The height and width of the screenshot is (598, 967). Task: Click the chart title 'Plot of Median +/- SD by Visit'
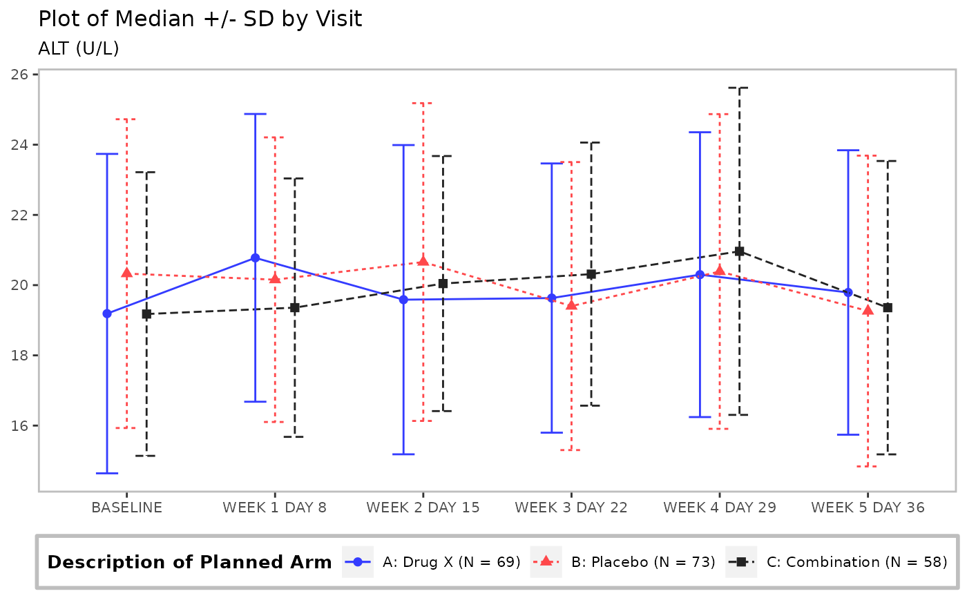tap(200, 19)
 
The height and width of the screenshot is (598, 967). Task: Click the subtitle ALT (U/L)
tap(79, 48)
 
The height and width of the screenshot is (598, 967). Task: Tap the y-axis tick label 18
tap(19, 356)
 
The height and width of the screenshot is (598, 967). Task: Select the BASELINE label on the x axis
tap(127, 508)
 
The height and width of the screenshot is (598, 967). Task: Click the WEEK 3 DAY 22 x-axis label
tap(571, 508)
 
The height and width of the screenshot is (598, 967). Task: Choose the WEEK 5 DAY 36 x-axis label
tap(868, 508)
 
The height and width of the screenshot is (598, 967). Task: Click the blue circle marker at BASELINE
tap(107, 314)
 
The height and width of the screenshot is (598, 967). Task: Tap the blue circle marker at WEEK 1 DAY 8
tap(255, 258)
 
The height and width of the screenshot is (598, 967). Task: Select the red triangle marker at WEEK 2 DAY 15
tap(423, 261)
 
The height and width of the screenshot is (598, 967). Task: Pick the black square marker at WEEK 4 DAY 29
tap(740, 251)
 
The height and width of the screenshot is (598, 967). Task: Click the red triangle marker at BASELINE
tap(127, 273)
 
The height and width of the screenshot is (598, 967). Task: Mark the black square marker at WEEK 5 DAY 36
tap(888, 307)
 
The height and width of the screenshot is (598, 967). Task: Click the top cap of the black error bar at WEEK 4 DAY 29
tap(740, 88)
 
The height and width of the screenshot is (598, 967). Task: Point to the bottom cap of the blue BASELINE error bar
tap(107, 473)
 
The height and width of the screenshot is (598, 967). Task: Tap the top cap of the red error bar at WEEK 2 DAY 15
tap(423, 103)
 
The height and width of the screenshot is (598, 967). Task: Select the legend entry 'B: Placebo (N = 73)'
tap(623, 562)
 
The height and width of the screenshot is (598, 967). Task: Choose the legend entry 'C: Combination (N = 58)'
tap(836, 562)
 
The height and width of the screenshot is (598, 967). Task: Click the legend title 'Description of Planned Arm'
tap(189, 562)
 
